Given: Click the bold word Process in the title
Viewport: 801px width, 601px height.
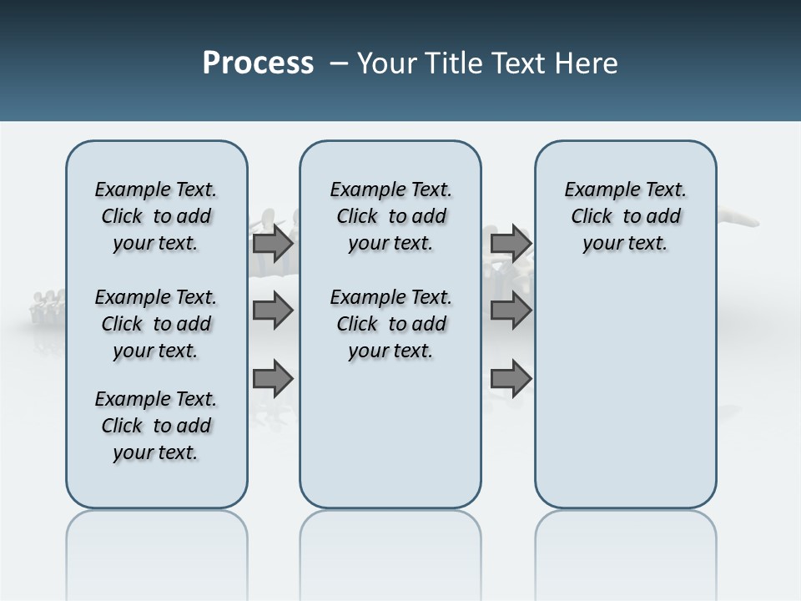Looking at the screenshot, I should tap(258, 63).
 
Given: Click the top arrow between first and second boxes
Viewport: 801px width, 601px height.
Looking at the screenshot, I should tap(273, 244).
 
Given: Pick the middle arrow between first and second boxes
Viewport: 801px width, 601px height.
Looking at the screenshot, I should tap(273, 311).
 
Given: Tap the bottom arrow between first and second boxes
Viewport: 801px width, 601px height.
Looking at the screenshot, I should tap(273, 379).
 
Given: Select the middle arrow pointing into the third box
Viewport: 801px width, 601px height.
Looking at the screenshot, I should tap(511, 311).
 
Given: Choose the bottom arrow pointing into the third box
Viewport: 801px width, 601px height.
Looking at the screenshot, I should tap(511, 379).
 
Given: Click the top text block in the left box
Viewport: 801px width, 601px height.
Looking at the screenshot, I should tap(156, 216).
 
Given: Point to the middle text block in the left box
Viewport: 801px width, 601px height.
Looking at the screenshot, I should tap(156, 324).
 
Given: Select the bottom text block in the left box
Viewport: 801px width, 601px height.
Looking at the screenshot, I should tap(156, 426).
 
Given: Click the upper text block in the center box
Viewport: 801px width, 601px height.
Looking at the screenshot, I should tap(390, 216).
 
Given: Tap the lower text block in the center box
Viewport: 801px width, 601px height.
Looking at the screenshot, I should tap(390, 324).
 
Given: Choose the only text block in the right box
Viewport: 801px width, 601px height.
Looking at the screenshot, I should tap(625, 216).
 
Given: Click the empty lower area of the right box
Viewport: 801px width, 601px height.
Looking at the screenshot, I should tap(625, 392).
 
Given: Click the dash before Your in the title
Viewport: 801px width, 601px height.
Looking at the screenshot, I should tap(339, 63).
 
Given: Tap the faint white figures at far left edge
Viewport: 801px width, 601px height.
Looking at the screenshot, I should tap(46, 305).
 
